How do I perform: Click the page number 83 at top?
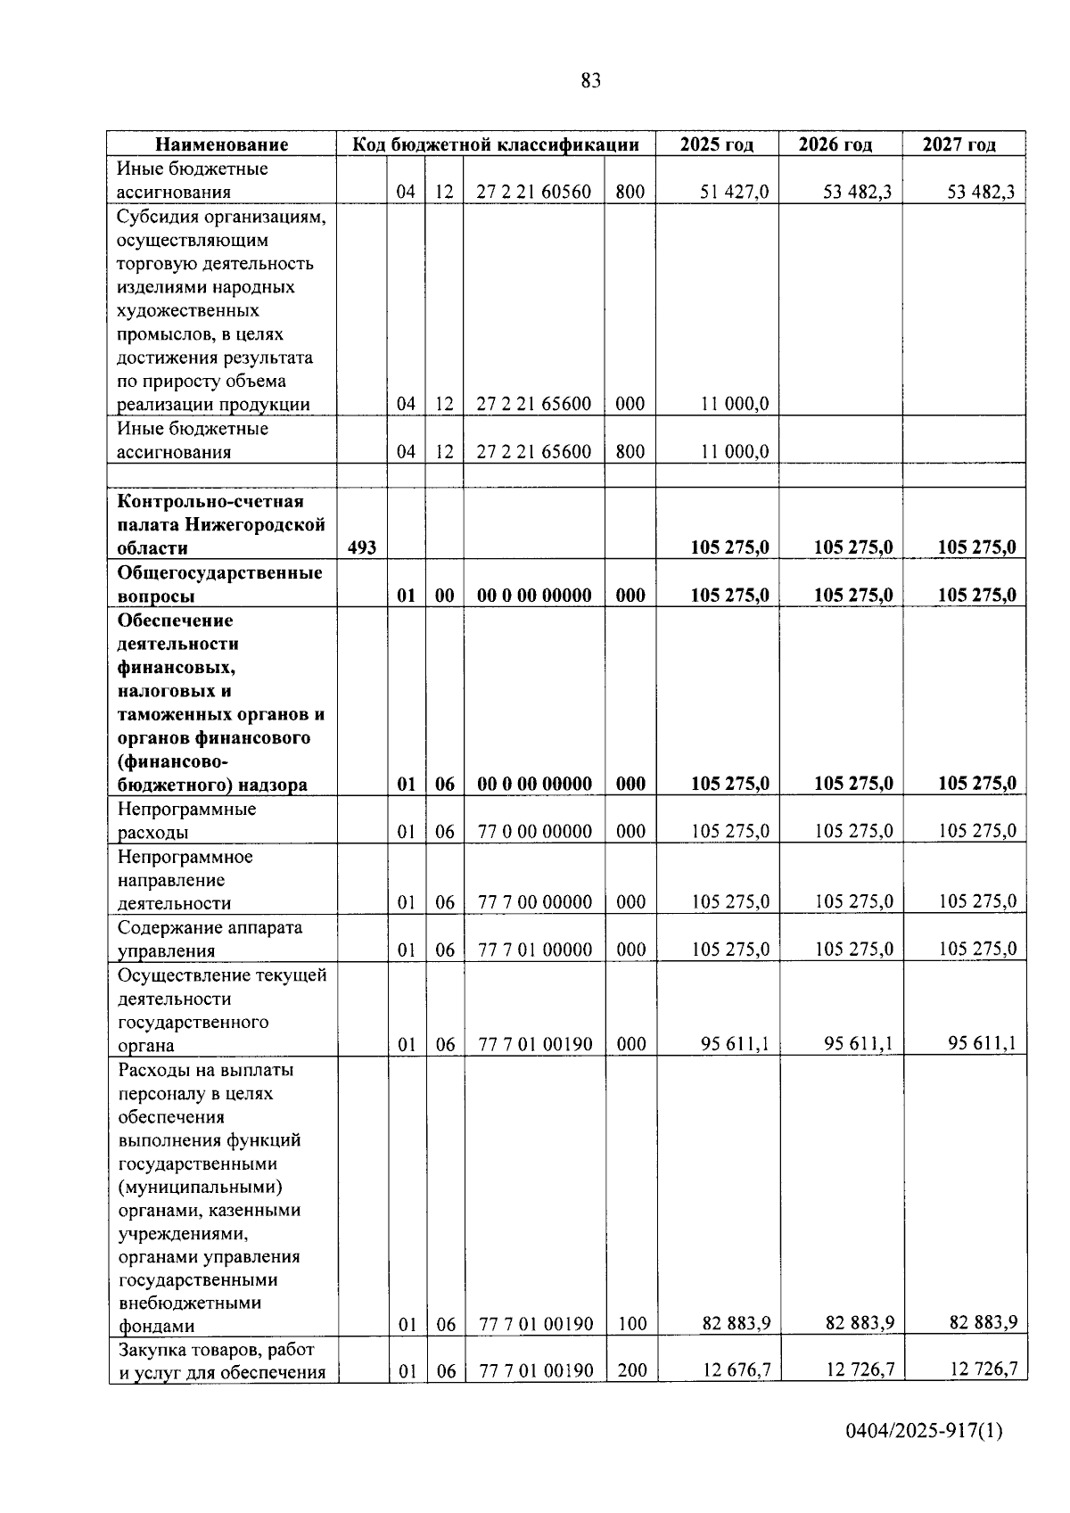(x=590, y=81)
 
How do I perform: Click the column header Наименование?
(x=222, y=144)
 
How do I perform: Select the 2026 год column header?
(x=835, y=144)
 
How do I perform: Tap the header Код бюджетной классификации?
(x=496, y=144)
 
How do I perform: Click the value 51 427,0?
(x=734, y=192)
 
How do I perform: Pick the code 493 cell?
(x=361, y=547)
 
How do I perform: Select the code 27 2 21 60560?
(x=533, y=192)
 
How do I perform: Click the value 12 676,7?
(x=736, y=1369)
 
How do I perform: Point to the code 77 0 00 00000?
(x=534, y=832)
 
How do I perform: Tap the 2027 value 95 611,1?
(x=982, y=1043)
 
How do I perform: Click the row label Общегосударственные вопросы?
(x=220, y=584)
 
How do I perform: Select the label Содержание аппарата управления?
(x=210, y=939)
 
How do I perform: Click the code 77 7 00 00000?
(x=534, y=902)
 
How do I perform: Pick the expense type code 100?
(x=631, y=1323)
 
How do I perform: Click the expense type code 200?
(x=631, y=1369)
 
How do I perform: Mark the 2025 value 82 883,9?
(x=736, y=1323)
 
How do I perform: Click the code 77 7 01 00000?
(x=534, y=950)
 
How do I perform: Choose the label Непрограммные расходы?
(x=186, y=820)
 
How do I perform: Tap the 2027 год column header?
(x=959, y=144)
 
